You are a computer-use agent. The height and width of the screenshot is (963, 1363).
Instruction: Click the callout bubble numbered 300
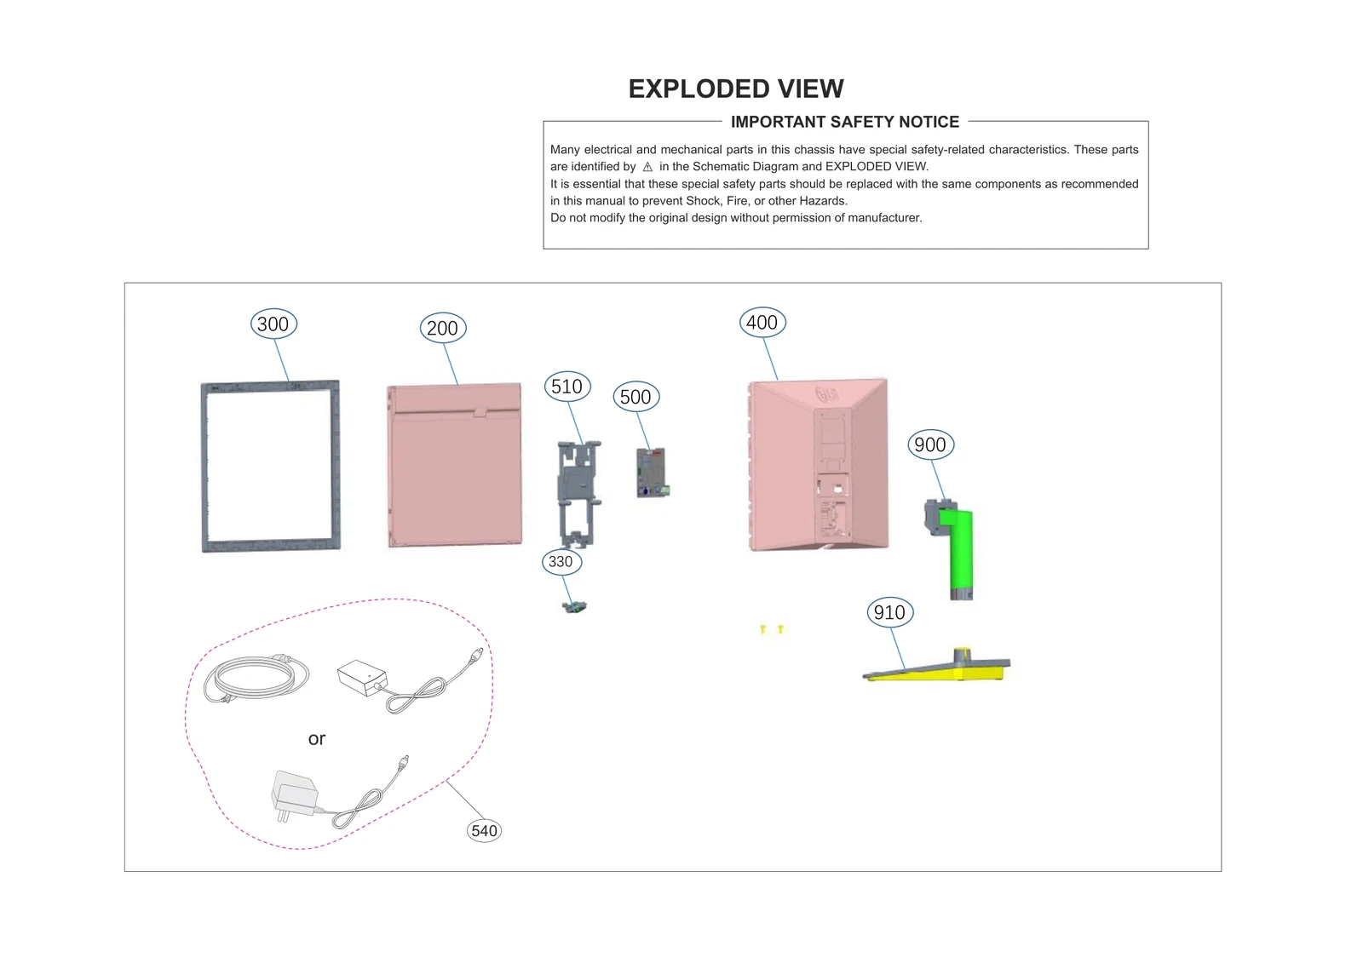coord(273,324)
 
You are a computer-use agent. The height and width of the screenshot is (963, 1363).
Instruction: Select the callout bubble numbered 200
coord(442,329)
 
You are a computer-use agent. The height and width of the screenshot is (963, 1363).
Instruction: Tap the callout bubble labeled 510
coord(566,387)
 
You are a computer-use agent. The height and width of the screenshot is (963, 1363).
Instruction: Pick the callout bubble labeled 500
coord(635,398)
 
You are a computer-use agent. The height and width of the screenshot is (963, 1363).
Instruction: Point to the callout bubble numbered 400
coord(762,323)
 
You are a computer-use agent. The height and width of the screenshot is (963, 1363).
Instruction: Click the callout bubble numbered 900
coord(929,444)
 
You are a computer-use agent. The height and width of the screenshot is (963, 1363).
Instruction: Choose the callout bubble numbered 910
coord(889,612)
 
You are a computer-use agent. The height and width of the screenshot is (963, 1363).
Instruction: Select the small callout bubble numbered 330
coord(561,562)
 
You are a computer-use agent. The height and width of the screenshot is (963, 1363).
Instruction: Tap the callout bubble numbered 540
coord(484,831)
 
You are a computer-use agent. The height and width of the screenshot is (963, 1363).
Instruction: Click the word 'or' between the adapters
coord(317,739)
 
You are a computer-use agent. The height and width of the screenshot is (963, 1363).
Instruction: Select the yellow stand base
coord(937,670)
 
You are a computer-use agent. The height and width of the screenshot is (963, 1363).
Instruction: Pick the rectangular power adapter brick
coord(362,678)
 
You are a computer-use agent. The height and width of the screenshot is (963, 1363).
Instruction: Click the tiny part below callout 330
coord(576,606)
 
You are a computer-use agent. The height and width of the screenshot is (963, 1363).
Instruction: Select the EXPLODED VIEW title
coord(736,89)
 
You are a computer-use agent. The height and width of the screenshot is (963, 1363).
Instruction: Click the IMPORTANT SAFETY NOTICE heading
coord(844,122)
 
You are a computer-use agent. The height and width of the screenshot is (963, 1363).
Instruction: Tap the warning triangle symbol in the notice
coord(647,167)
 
